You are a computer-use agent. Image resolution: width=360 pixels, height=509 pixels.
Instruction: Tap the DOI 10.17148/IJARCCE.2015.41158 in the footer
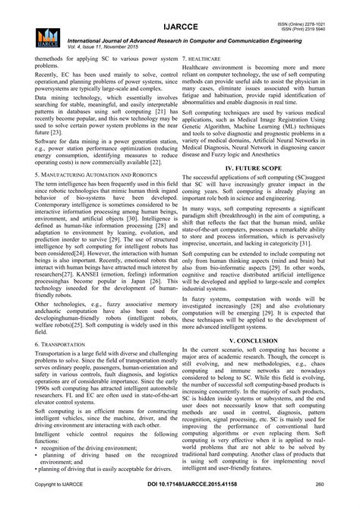[180, 504]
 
